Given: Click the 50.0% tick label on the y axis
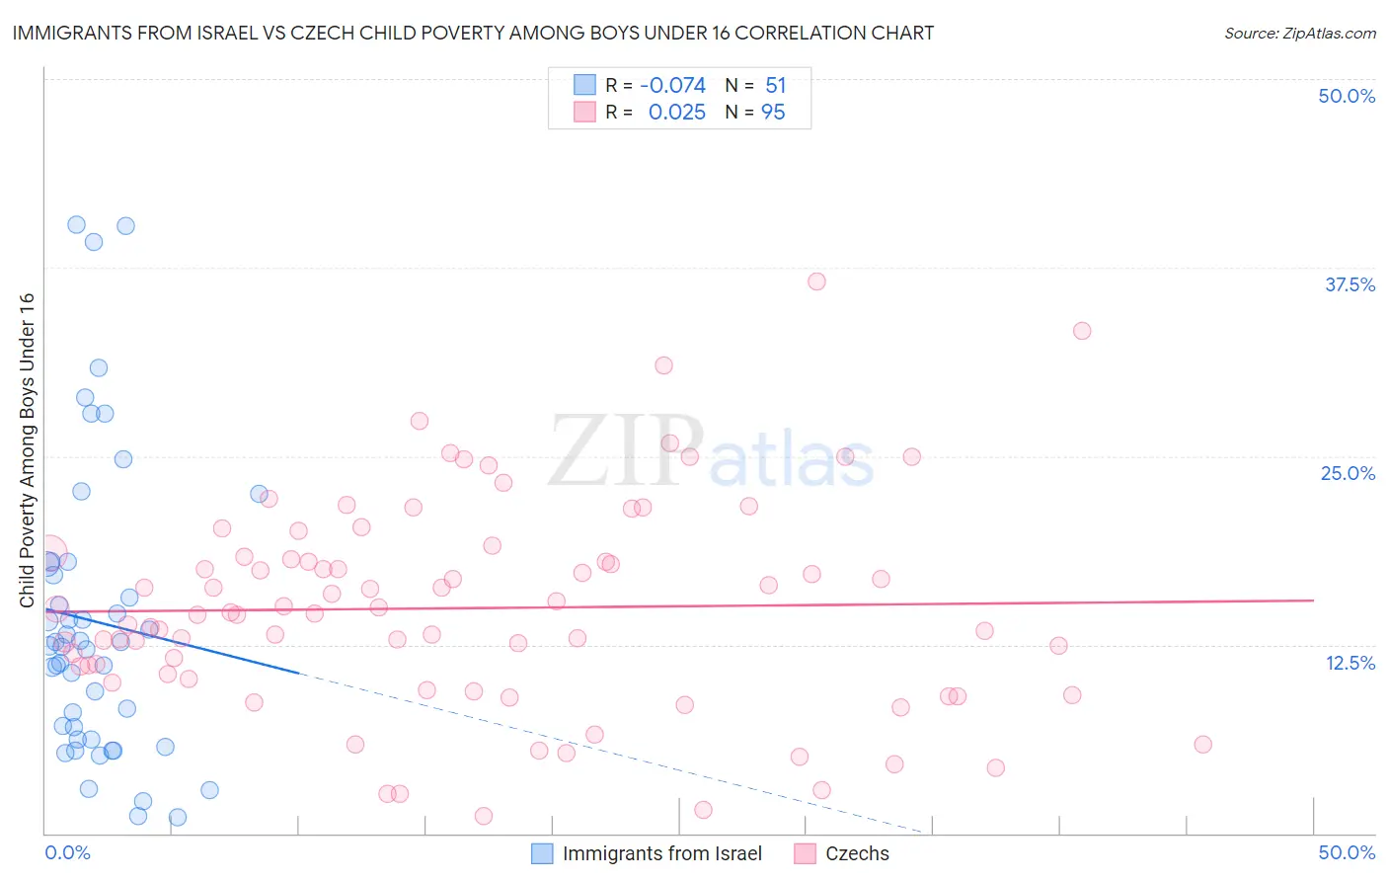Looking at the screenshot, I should [1347, 96].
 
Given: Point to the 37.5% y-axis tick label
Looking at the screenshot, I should [1349, 284].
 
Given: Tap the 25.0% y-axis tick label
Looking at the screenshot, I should [1348, 473].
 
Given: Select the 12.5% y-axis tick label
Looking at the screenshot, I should [1349, 663].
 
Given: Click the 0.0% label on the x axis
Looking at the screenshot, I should [67, 852].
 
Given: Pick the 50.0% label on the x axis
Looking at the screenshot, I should [1347, 852].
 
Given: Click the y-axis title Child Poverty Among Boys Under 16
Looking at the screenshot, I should [27, 450].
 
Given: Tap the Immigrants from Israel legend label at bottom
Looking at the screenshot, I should [662, 853].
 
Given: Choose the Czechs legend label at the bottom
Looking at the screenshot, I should [857, 853].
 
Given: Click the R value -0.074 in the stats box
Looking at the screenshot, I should [672, 86].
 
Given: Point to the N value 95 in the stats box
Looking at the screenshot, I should [773, 113].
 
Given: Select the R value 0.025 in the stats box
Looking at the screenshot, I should [676, 113].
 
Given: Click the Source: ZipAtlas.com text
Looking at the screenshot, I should [1299, 34].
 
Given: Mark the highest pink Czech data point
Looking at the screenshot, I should [816, 281].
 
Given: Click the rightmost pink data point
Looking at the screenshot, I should [1202, 745].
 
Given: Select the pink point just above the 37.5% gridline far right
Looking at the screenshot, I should [1082, 331].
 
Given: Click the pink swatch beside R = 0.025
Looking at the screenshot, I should [585, 113].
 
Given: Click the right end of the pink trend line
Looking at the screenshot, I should [1314, 600].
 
